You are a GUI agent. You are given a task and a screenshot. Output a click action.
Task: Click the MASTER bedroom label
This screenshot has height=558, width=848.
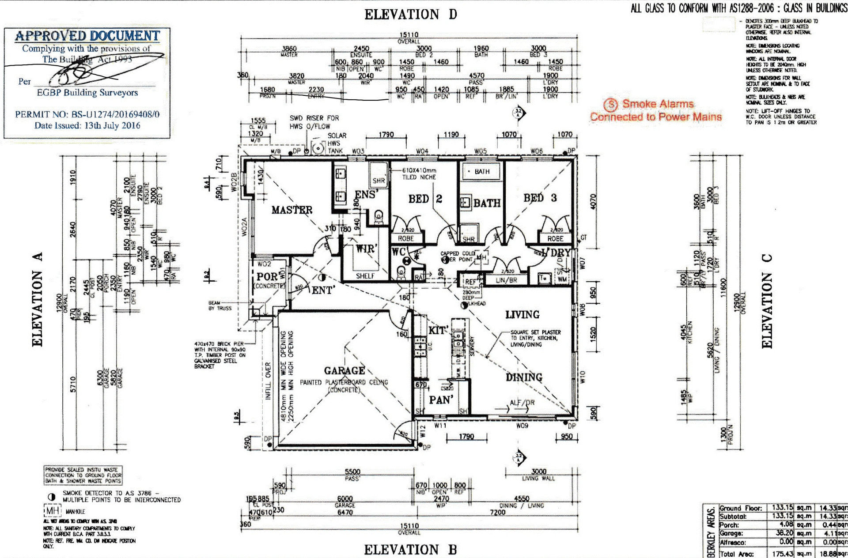click(x=291, y=210)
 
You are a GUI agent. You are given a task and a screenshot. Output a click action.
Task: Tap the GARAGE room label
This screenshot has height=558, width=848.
click(x=344, y=370)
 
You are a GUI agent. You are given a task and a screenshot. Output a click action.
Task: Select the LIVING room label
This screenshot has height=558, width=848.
click(x=522, y=315)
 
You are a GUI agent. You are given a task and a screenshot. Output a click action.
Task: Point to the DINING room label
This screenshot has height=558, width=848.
click(x=524, y=377)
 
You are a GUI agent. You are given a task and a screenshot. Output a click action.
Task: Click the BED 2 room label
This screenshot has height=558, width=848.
click(x=425, y=199)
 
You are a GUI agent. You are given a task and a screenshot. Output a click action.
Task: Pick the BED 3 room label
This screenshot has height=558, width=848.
click(x=540, y=198)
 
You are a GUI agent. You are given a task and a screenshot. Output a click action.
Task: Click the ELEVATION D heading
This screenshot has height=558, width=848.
click(x=410, y=15)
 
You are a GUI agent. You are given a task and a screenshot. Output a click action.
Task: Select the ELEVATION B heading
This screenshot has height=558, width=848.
click(x=410, y=550)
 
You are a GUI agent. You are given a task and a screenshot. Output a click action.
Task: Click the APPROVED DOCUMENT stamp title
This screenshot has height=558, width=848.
click(x=87, y=36)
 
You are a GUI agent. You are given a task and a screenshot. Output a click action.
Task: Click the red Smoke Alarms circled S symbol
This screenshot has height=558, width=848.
click(x=610, y=105)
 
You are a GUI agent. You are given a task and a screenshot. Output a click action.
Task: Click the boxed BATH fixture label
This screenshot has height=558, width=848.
click(x=481, y=171)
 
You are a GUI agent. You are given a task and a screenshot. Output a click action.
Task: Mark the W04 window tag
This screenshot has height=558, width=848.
click(x=422, y=151)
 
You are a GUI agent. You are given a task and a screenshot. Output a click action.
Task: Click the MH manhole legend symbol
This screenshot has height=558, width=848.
click(x=53, y=511)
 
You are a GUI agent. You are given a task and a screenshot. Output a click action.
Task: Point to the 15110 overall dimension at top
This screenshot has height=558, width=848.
click(x=409, y=35)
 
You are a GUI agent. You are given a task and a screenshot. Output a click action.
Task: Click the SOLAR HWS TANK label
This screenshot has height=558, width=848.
click(x=337, y=143)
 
